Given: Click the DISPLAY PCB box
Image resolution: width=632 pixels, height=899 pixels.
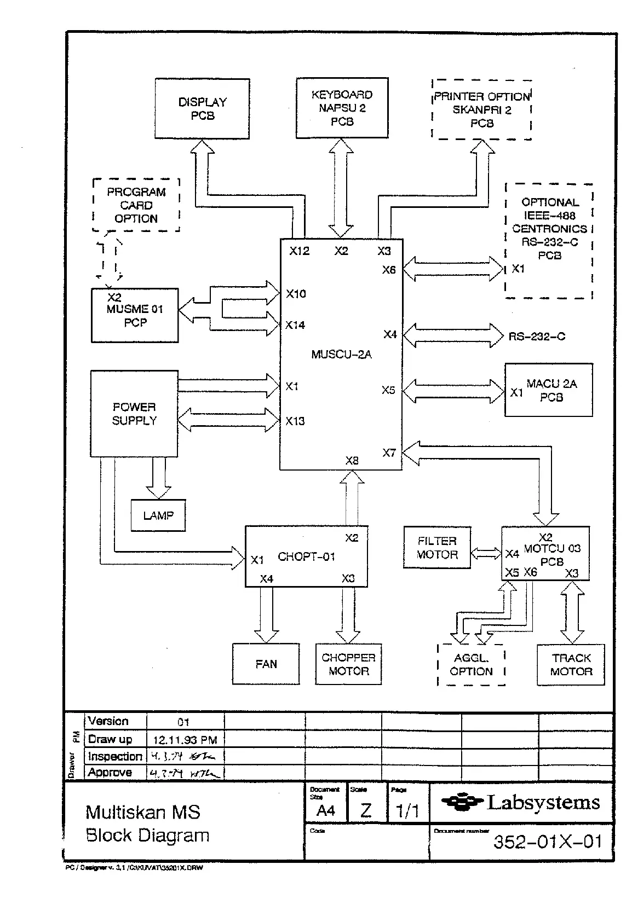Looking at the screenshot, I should pyautogui.click(x=202, y=108).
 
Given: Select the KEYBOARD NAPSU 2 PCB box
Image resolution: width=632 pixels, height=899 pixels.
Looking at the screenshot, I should pyautogui.click(x=342, y=108).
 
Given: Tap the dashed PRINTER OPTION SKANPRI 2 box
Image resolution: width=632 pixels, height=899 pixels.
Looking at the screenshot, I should pyautogui.click(x=481, y=110).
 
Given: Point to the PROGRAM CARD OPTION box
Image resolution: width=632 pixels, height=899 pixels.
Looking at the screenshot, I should pyautogui.click(x=136, y=205).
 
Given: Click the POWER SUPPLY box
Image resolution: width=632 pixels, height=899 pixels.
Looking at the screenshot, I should pyautogui.click(x=134, y=414).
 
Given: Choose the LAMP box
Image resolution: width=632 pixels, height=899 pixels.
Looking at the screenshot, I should pyautogui.click(x=158, y=515).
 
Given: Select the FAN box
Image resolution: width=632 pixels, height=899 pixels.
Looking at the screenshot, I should pyautogui.click(x=266, y=664).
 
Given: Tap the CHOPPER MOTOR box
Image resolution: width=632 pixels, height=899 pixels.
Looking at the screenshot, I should pyautogui.click(x=348, y=664).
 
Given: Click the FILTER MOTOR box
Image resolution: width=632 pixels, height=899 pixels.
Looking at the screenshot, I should pyautogui.click(x=437, y=548).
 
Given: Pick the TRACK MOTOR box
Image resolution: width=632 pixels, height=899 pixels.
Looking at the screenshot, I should pyautogui.click(x=571, y=664).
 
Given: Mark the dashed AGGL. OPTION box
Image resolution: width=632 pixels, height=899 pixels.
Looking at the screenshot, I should pyautogui.click(x=471, y=664).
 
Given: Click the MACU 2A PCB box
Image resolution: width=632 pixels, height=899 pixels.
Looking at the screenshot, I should pyautogui.click(x=549, y=390).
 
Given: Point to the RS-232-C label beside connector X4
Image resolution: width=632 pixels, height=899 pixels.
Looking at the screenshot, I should pyautogui.click(x=537, y=336).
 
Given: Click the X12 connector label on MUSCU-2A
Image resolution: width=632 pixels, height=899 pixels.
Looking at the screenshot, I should pyautogui.click(x=300, y=251).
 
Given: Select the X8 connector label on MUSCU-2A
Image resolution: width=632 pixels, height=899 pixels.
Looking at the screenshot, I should pyautogui.click(x=352, y=461).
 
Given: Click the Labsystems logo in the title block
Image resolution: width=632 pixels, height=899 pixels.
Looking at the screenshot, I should pyautogui.click(x=521, y=803).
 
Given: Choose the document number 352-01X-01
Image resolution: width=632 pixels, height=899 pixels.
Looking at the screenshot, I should pyautogui.click(x=548, y=841).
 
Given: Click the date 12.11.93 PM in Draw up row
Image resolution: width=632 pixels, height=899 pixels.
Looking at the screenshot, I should pyautogui.click(x=185, y=740).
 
